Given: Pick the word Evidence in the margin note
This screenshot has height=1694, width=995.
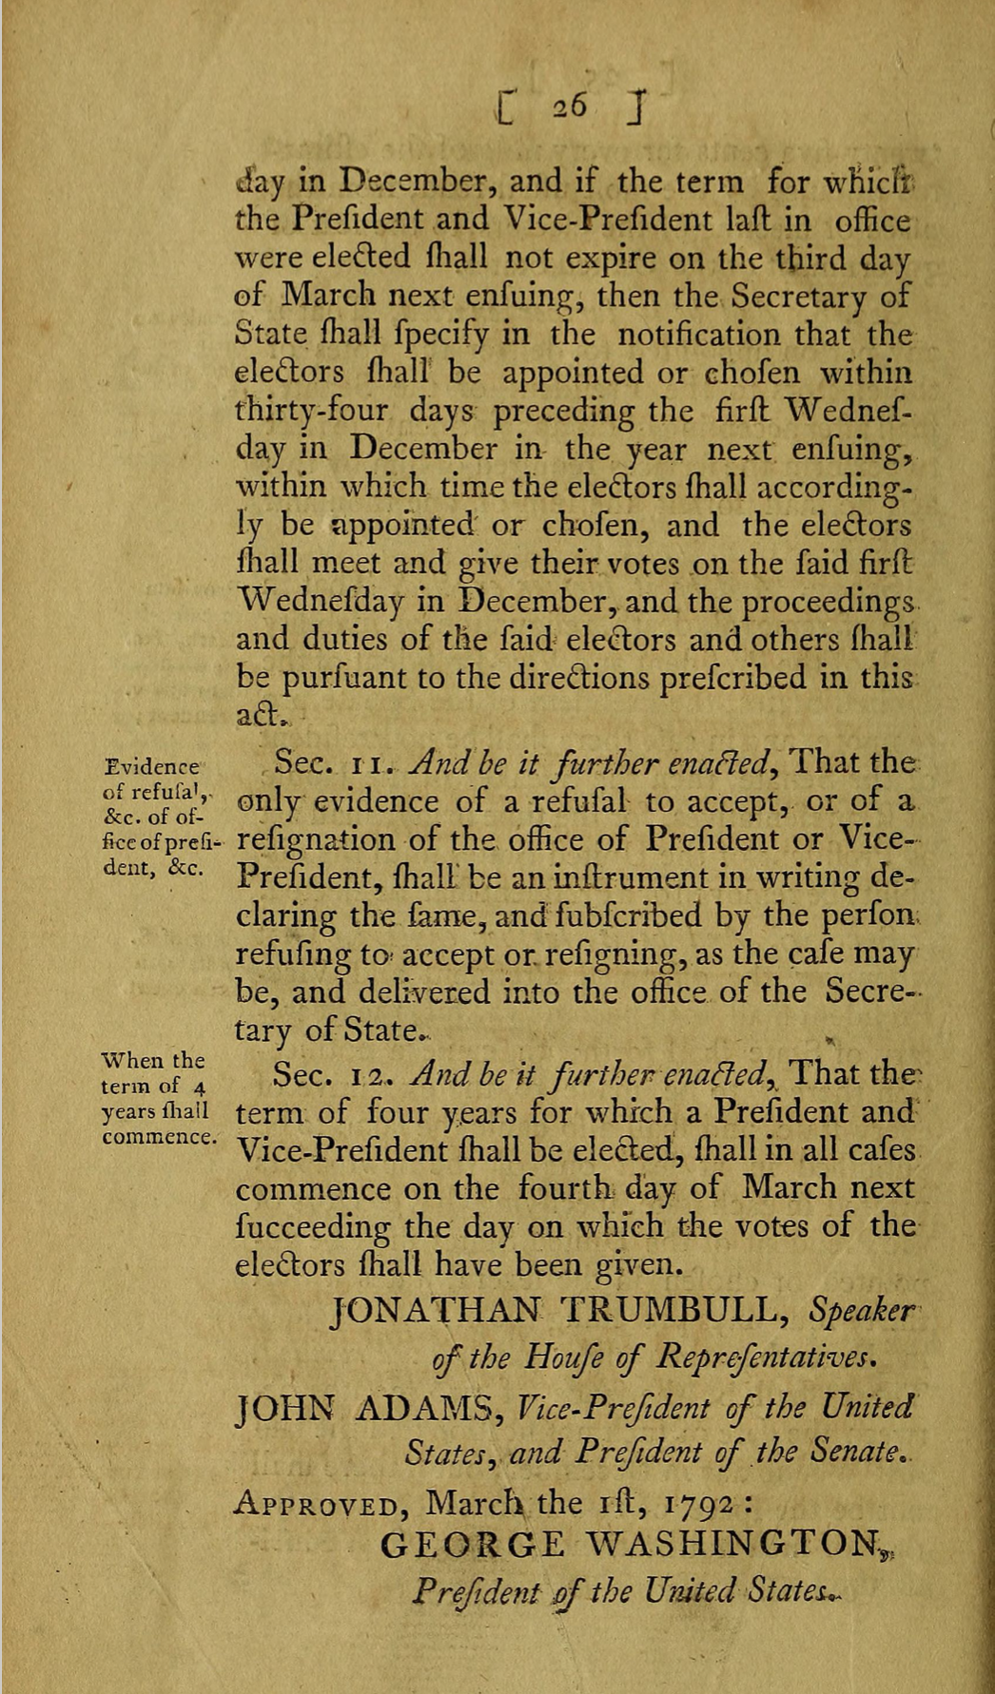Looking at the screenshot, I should coord(153,763).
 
